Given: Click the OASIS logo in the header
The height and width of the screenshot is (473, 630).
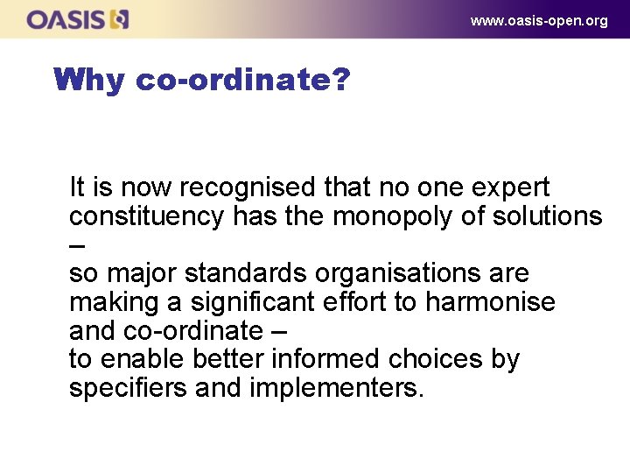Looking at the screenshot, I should (x=78, y=19).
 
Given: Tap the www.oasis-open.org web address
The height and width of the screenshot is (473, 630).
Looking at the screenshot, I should (x=538, y=20).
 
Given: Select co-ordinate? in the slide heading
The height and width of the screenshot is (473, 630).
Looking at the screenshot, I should (x=243, y=81).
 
